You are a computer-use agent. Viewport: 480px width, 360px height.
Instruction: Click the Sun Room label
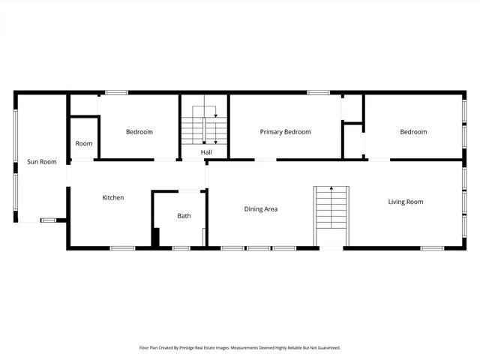(x=42, y=161)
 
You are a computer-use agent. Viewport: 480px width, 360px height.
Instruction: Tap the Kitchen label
(x=113, y=198)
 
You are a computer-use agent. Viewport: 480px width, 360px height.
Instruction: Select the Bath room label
(x=184, y=216)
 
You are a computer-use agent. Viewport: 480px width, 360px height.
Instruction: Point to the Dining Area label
(x=261, y=209)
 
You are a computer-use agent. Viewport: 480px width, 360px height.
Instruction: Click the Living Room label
(x=405, y=202)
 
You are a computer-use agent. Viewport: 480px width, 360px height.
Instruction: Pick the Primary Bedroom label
(x=285, y=132)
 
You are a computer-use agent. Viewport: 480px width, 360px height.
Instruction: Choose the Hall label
(x=205, y=152)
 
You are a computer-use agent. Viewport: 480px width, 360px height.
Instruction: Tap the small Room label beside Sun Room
(x=84, y=143)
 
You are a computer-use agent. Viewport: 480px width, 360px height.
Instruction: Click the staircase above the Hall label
(x=204, y=125)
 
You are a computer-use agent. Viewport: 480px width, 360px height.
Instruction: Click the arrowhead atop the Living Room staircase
(x=331, y=188)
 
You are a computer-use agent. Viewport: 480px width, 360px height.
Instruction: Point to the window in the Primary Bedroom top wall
(x=318, y=92)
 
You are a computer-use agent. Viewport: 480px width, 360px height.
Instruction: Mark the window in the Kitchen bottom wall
(x=122, y=247)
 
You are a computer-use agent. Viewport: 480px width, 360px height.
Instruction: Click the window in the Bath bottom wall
(x=181, y=247)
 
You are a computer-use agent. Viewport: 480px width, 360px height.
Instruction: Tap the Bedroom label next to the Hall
(x=139, y=132)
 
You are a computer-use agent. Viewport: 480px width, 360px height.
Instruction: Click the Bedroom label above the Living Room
(x=413, y=132)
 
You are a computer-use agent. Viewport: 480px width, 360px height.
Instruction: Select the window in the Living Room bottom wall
(x=432, y=247)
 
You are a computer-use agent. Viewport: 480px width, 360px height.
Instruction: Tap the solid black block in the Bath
(x=156, y=237)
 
